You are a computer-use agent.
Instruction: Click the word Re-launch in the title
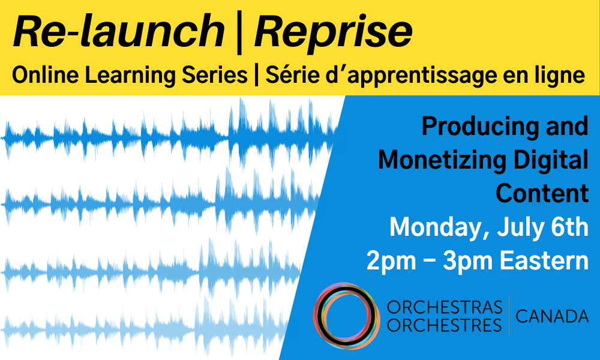[x=119, y=31]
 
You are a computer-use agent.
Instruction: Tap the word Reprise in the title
[x=333, y=33]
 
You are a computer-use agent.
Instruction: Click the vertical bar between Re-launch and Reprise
[x=239, y=33]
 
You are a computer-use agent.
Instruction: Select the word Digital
[x=551, y=160]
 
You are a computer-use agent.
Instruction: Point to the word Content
[x=542, y=193]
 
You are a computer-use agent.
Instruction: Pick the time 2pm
[x=391, y=262]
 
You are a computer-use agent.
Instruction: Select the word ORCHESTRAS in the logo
[x=444, y=307]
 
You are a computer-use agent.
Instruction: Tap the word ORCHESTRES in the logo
[x=444, y=326]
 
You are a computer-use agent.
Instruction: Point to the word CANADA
[x=552, y=316]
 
